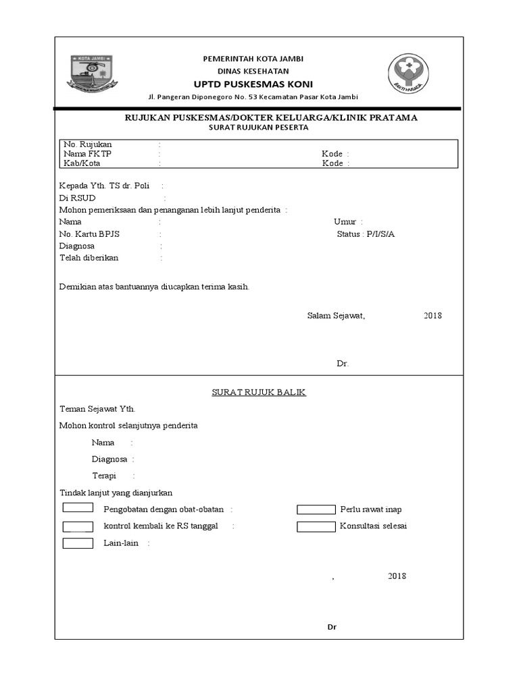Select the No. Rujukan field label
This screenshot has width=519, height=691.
(88, 144)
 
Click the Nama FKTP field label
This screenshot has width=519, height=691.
(87, 154)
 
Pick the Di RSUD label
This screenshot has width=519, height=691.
(78, 198)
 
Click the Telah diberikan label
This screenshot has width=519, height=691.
(89, 258)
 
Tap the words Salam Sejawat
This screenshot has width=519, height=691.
(336, 316)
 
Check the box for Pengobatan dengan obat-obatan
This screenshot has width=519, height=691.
(78, 509)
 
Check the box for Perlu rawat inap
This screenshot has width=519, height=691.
(316, 509)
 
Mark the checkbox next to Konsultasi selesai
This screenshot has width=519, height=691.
(316, 526)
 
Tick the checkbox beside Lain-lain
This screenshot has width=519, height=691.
(78, 543)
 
